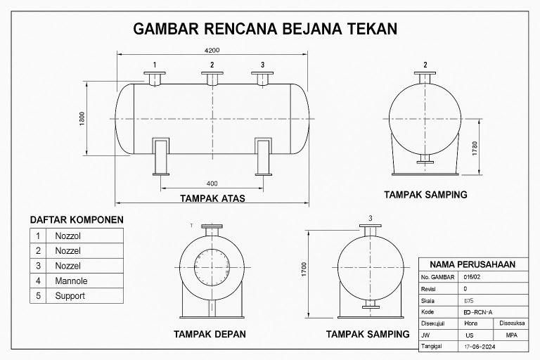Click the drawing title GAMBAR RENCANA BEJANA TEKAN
[x=266, y=29]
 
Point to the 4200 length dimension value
[x=212, y=50]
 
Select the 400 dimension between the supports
[x=212, y=184]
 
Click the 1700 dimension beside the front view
[x=303, y=270]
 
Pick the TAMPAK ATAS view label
[x=212, y=198]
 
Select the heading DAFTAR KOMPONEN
[x=76, y=219]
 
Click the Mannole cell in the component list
[x=70, y=281]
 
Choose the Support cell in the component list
[x=70, y=296]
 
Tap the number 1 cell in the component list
[x=38, y=235]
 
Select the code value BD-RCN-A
[x=478, y=311]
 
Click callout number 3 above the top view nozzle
[x=262, y=65]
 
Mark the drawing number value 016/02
[x=471, y=277]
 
